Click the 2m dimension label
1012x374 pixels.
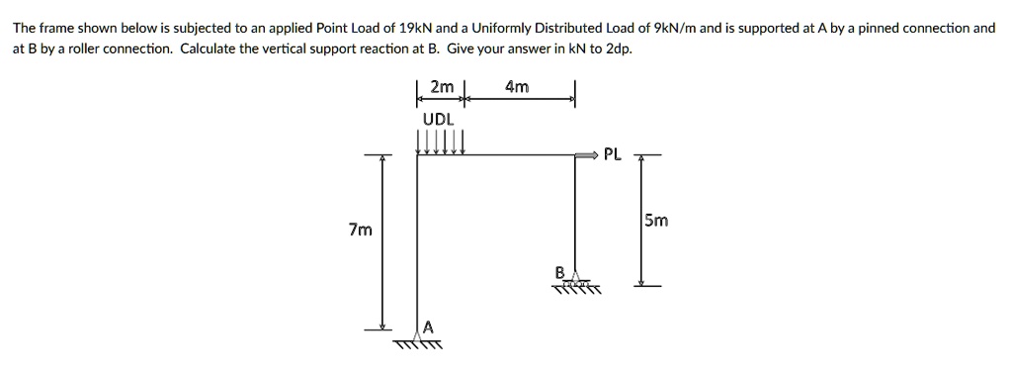[442, 87]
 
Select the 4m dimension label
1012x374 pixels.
[517, 87]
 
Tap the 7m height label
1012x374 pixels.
[361, 231]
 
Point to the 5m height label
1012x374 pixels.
[655, 221]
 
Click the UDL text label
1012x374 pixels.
[438, 119]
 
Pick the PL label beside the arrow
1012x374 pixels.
[613, 154]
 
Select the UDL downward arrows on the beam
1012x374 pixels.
[441, 144]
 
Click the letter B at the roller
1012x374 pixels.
[559, 271]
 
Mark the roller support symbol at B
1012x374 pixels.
[576, 283]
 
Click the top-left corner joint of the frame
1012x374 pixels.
[418, 155]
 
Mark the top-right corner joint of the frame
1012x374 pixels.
[576, 155]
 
